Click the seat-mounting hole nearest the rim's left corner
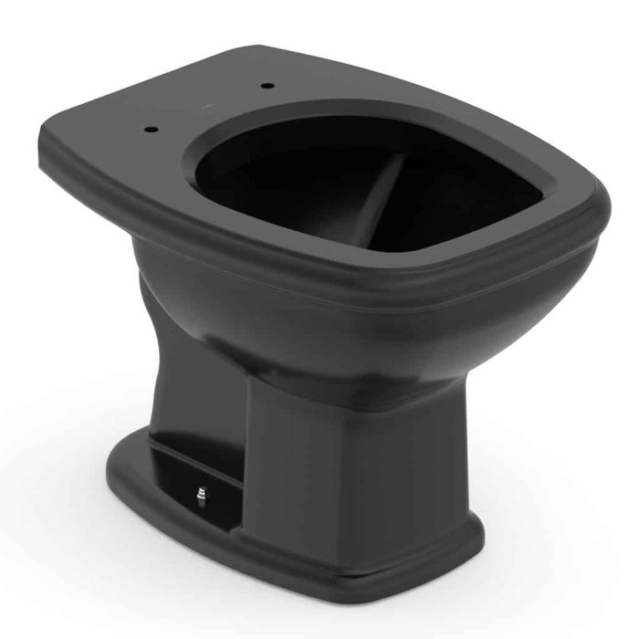[x=150, y=128]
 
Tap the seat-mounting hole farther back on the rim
[x=267, y=86]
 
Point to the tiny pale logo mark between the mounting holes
[x=207, y=108]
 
